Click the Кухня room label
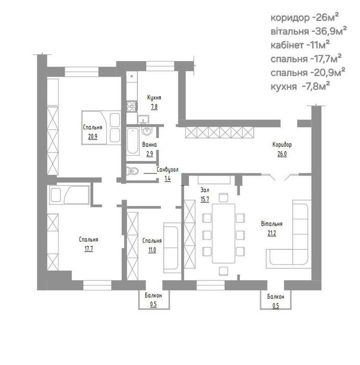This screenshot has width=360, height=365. pyautogui.click(x=154, y=98)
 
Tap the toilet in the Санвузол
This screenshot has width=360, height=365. pyautogui.click(x=133, y=171)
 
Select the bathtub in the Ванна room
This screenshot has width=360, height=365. pyautogui.click(x=133, y=141)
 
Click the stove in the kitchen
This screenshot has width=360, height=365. pyautogui.click(x=132, y=107)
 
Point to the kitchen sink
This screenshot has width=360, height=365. pyautogui.click(x=143, y=119)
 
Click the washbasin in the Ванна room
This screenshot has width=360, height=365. pyautogui.click(x=147, y=131)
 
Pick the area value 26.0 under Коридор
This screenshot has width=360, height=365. pyautogui.click(x=282, y=154)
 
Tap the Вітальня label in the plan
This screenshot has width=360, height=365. pyautogui.click(x=272, y=223)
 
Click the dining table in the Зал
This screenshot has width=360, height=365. pyautogui.click(x=224, y=233)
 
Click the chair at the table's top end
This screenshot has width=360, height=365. pyautogui.click(x=223, y=197)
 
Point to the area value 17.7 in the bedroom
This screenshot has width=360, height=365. pyautogui.click(x=89, y=249)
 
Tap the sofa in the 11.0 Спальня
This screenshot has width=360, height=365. pyautogui.click(x=172, y=248)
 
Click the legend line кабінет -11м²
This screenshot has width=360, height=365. pyautogui.click(x=300, y=45)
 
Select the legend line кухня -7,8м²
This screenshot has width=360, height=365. pyautogui.click(x=300, y=86)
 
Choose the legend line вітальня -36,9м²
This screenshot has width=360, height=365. pyautogui.click(x=308, y=31)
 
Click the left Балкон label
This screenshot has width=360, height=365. pyautogui.click(x=153, y=296)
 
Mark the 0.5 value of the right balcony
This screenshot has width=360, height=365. pyautogui.click(x=275, y=305)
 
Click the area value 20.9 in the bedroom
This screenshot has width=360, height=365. pyautogui.click(x=92, y=136)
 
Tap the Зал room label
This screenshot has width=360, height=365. pyautogui.click(x=205, y=190)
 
